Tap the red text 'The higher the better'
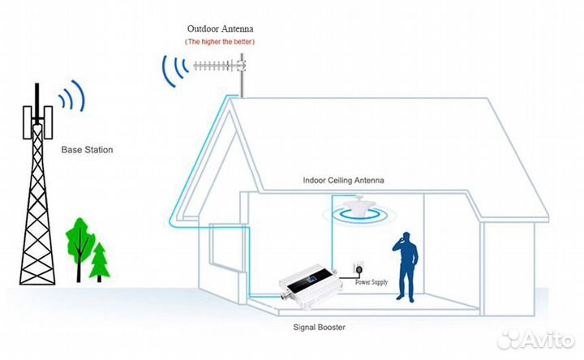coord(220,41)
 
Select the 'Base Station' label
coord(87,150)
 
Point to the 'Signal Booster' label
coord(319,328)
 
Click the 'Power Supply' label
coord(371,282)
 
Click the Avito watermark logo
coord(535,339)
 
